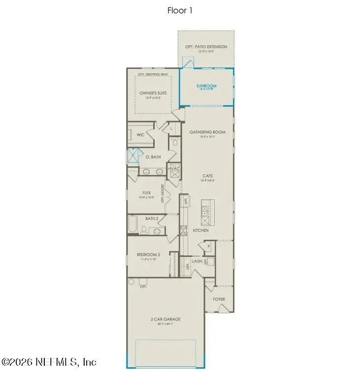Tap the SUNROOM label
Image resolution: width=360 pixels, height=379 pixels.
point(206,86)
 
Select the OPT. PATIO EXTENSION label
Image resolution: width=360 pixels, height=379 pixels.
point(206,47)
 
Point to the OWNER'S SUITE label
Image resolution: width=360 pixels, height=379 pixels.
point(153,93)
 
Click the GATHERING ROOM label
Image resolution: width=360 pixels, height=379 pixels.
point(207,132)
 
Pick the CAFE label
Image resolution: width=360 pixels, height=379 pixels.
point(207,175)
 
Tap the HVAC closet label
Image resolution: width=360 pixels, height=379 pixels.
point(174,169)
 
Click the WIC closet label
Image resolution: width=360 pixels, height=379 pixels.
point(140,134)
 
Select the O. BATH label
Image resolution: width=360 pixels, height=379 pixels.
point(153,157)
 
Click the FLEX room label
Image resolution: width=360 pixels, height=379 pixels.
point(146,193)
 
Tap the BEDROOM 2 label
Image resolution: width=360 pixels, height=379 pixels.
point(148,254)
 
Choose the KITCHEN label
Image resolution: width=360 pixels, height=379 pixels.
point(200,230)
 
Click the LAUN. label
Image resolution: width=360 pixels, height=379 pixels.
point(197,262)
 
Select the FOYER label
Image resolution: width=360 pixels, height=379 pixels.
point(219,299)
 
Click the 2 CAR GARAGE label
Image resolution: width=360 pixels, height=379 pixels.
point(165,319)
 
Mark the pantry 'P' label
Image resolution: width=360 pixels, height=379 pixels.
point(208,246)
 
